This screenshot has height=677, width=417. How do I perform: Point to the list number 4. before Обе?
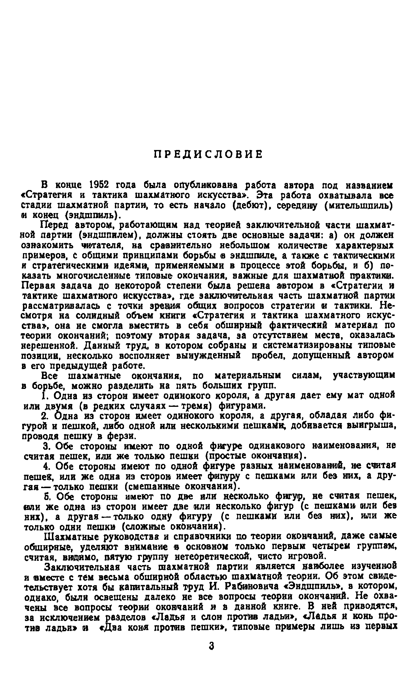click(47, 466)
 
